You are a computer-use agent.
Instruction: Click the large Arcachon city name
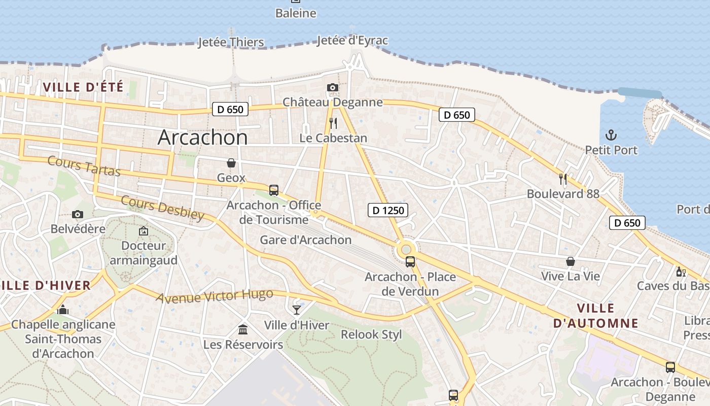[203, 138]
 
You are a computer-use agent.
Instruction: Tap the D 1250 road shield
[388, 210]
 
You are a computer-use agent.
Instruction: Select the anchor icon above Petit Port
[611, 135]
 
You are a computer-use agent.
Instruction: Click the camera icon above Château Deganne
[332, 88]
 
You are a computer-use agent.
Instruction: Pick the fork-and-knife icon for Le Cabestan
[333, 123]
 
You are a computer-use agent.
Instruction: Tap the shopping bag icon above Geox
[231, 163]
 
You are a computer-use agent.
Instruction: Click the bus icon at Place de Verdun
[410, 262]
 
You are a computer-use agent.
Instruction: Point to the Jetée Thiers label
[231, 42]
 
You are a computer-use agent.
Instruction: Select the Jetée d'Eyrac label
[352, 41]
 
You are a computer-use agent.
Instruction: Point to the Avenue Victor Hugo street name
[215, 296]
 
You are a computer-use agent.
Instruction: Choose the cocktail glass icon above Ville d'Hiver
[297, 310]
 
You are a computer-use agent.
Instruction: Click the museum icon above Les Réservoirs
[243, 330]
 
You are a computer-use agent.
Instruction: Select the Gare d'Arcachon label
[305, 240]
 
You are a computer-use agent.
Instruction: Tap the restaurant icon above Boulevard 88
[562, 179]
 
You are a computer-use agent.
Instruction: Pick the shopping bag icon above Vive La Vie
[571, 261]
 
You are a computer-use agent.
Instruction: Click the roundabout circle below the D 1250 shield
[406, 249]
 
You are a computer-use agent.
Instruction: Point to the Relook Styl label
[371, 334]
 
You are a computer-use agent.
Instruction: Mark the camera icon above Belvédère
[77, 214]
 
